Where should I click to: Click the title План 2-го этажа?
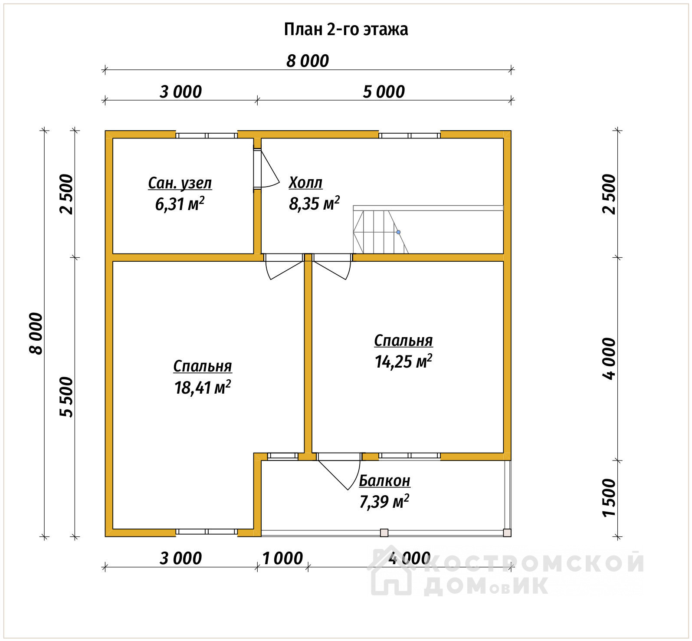pos(346,30)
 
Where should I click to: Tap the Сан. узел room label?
pos(180,183)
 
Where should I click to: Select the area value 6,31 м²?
pos(180,204)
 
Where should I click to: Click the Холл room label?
pos(305,182)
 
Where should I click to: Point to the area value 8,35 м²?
pos(314,203)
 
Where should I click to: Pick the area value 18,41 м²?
pos(203,387)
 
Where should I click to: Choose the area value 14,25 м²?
pos(403,361)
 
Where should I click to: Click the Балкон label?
pos(384,480)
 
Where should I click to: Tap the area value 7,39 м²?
pos(384,502)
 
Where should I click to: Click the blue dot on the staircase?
pos(398,232)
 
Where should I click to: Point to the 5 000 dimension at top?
pos(384,92)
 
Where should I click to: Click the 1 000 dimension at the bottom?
pos(282,558)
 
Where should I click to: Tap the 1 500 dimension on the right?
pos(609,498)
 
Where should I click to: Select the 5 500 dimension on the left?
pos(66,397)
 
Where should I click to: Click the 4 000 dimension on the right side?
pos(609,359)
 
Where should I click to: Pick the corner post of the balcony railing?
pos(507,533)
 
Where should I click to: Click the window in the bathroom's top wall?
pos(207,135)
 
